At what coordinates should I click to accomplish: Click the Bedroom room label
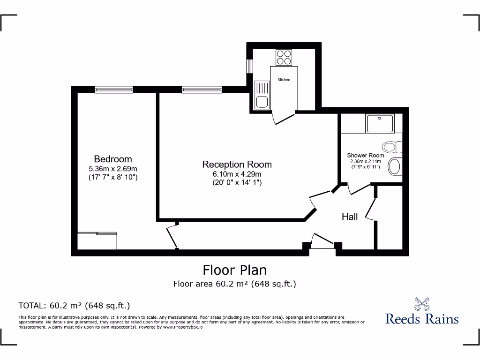tap(113, 159)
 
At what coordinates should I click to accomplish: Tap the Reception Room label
tap(237, 165)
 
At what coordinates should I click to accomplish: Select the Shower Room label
tap(366, 155)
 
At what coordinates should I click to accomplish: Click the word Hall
tap(350, 217)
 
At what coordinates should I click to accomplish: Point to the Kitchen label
tap(284, 80)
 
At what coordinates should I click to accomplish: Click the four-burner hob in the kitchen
tap(284, 57)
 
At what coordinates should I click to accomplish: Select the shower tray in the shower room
tap(381, 124)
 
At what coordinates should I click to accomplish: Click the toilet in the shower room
tap(393, 147)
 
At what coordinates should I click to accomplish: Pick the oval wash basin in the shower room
tap(396, 166)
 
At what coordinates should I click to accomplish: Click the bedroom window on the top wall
tap(113, 90)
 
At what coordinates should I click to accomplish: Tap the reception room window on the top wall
tap(202, 90)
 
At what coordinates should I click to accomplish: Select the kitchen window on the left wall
tap(250, 66)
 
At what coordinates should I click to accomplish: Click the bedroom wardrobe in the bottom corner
tap(97, 240)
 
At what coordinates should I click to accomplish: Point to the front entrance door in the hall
tap(322, 244)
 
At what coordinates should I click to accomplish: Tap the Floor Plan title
tap(234, 270)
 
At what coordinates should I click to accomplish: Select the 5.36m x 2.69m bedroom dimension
tap(113, 169)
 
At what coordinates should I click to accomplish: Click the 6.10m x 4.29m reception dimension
tap(237, 174)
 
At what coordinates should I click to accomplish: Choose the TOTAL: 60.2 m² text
tap(74, 306)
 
